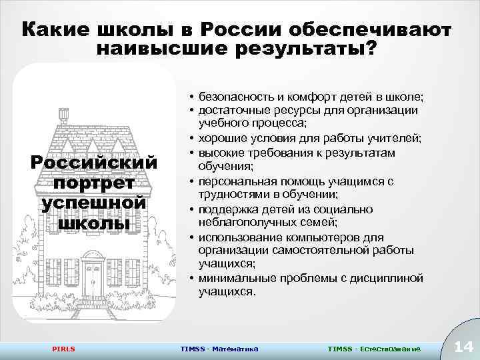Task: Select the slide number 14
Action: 462,346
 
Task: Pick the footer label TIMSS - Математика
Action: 219,349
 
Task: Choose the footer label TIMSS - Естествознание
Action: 374,349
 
